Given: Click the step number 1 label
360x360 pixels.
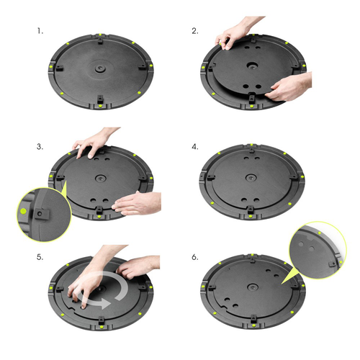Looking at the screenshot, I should [40, 32].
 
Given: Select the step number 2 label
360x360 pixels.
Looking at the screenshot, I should [195, 32].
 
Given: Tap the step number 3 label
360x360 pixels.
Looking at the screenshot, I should [40, 146].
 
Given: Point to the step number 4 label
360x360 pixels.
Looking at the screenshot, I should [195, 146].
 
